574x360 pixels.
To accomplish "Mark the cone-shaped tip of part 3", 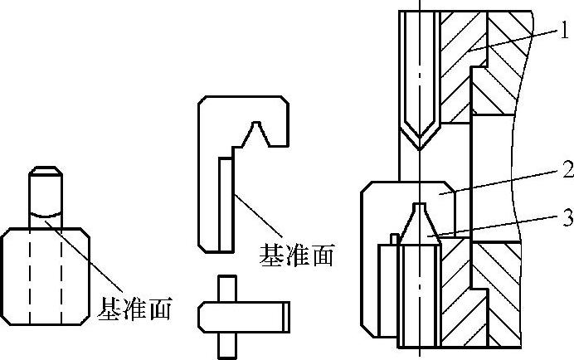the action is point(420,220).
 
